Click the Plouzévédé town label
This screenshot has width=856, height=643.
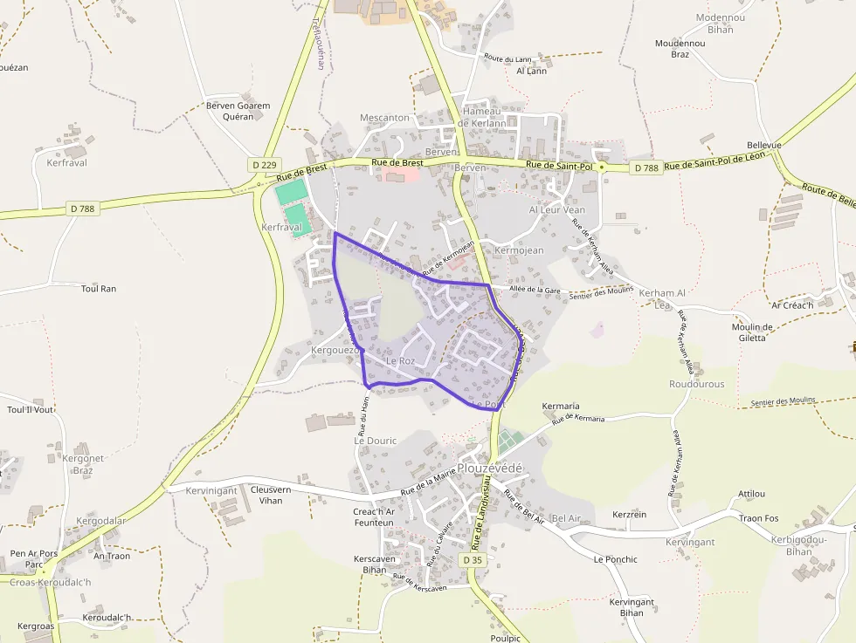tap(490, 469)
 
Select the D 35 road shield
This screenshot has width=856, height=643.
tap(473, 559)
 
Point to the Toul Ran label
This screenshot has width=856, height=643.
tap(98, 288)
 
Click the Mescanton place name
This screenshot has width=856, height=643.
tap(384, 118)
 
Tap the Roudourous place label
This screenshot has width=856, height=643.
tap(696, 384)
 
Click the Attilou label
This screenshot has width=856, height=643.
tap(751, 494)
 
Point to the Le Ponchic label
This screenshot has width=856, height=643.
tap(615, 559)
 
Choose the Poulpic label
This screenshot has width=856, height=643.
tap(505, 638)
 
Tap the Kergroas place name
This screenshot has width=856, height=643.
tap(36, 626)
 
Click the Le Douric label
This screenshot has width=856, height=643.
tap(375, 441)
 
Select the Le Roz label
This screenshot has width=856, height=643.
tap(400, 360)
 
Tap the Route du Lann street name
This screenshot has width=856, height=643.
tap(507, 59)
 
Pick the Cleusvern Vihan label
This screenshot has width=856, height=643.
tap(271, 495)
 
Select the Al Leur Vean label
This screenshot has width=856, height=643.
tap(557, 210)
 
